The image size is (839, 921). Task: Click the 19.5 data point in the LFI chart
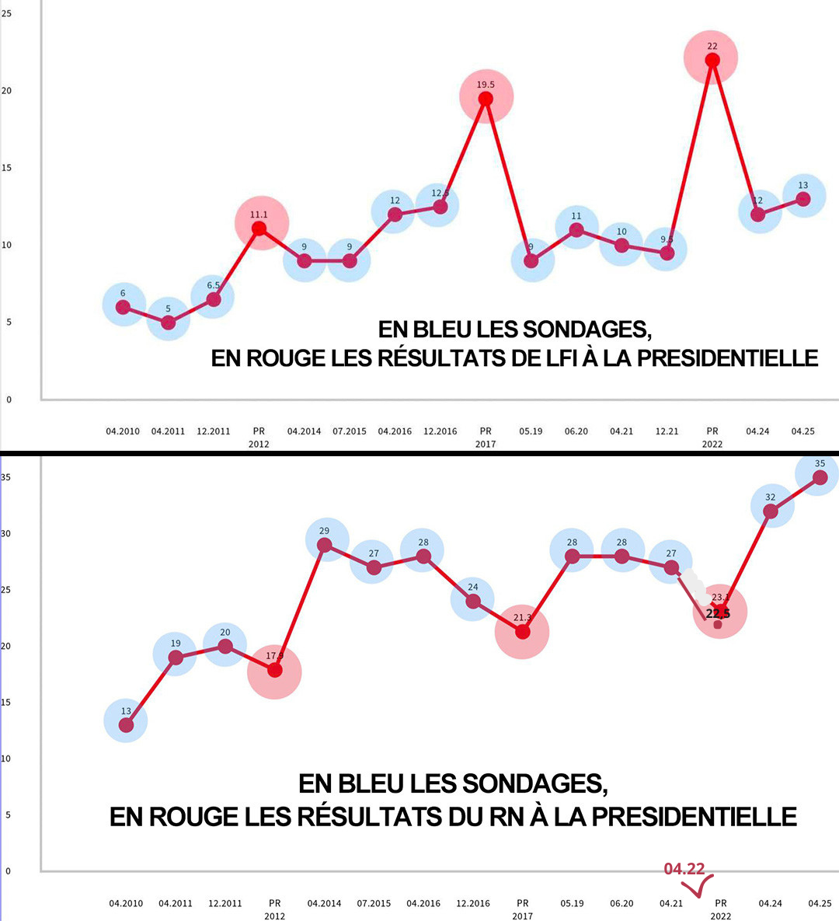pyautogui.click(x=486, y=99)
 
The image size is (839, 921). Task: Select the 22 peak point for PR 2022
pyautogui.click(x=712, y=60)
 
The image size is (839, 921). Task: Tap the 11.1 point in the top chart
pyautogui.click(x=259, y=229)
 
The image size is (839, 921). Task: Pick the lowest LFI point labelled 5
pyautogui.click(x=169, y=323)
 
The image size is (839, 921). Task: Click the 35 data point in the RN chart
pyautogui.click(x=820, y=477)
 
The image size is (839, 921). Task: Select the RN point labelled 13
pyautogui.click(x=126, y=724)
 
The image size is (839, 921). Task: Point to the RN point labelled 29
pyautogui.click(x=325, y=545)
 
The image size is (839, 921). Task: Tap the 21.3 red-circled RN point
pyautogui.click(x=523, y=632)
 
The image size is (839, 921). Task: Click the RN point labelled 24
pyautogui.click(x=473, y=601)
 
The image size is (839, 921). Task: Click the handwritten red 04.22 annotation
pyautogui.click(x=684, y=868)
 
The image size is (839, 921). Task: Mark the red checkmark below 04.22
pyautogui.click(x=699, y=886)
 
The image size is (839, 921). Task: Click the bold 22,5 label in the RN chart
pyautogui.click(x=718, y=614)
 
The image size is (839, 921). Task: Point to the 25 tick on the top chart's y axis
pyautogui.click(x=7, y=13)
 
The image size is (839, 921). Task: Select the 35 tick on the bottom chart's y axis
pyautogui.click(x=6, y=477)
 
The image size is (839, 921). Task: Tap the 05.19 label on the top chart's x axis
pyautogui.click(x=531, y=431)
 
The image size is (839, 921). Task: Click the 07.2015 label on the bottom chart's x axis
pyautogui.click(x=374, y=903)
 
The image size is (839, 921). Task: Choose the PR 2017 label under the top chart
pyautogui.click(x=486, y=437)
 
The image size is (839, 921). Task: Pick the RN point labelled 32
pyautogui.click(x=771, y=511)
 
